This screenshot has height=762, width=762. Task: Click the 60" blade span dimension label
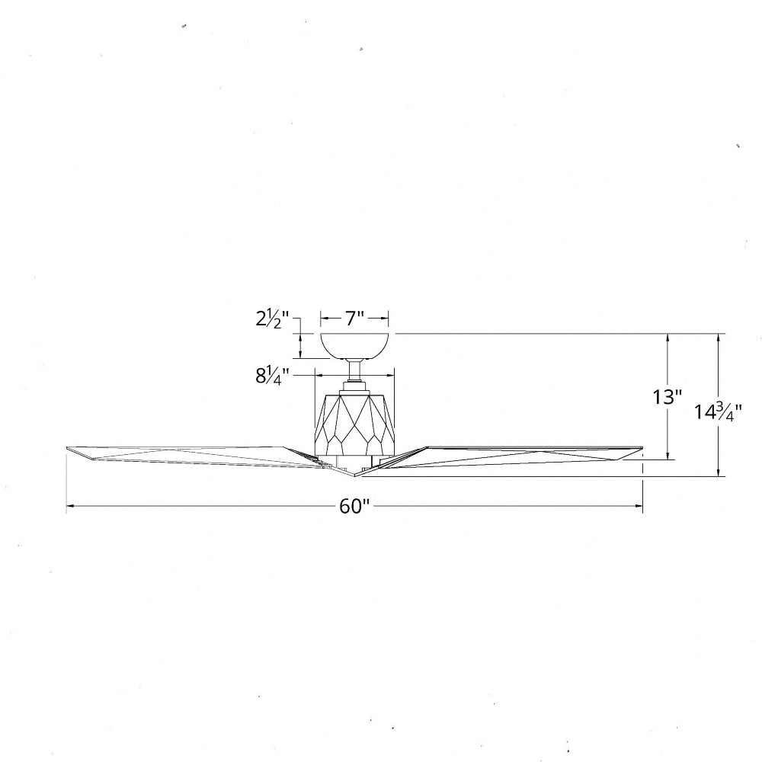click(x=354, y=507)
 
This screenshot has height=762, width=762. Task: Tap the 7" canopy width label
click(x=354, y=319)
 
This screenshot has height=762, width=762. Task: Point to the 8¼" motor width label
click(x=272, y=375)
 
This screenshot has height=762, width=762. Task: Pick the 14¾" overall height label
click(x=717, y=412)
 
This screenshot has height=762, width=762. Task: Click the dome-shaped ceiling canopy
click(x=354, y=345)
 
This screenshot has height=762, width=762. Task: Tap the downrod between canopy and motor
click(x=354, y=371)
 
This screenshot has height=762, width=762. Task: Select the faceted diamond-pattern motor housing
click(x=354, y=424)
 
